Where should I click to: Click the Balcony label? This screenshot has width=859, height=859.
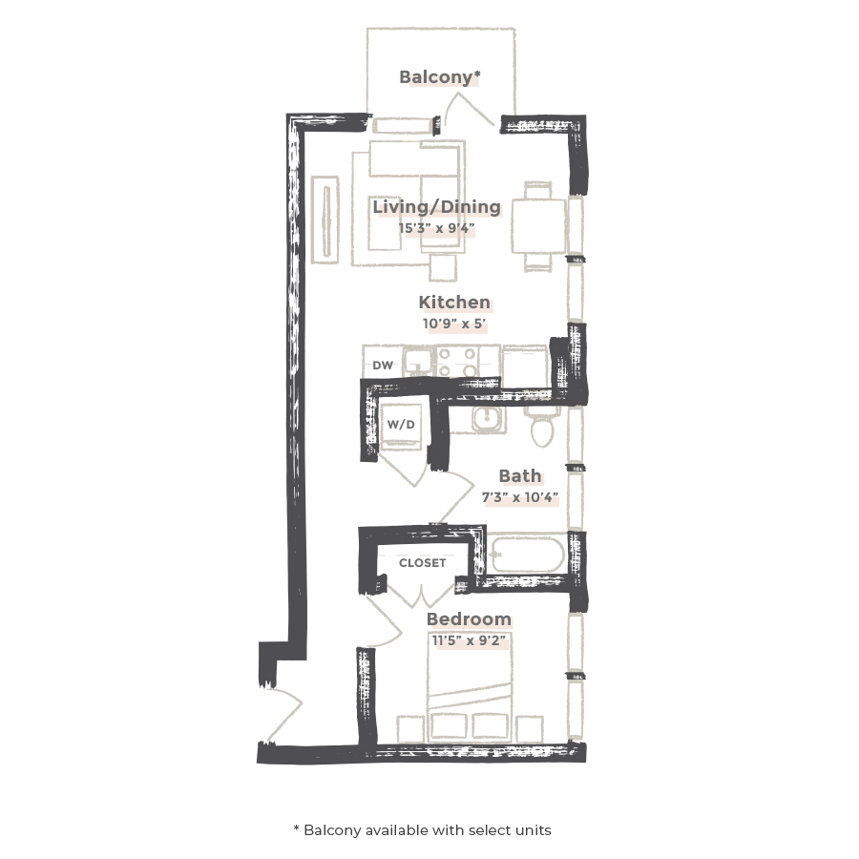tap(439, 77)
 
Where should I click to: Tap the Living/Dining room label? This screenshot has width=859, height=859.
tap(436, 207)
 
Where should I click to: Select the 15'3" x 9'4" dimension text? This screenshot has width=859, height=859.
tap(436, 228)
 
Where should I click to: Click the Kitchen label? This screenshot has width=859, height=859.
tap(454, 303)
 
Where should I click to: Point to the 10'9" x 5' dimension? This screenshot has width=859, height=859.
tap(454, 324)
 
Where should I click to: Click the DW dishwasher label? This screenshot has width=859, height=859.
tap(383, 366)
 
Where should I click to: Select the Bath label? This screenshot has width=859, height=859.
tap(519, 475)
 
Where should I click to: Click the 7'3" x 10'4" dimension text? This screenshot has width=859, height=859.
tap(519, 497)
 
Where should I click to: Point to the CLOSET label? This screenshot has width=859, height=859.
tap(422, 563)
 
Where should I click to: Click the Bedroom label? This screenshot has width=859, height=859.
tap(468, 619)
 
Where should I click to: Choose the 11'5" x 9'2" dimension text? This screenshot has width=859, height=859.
tap(468, 640)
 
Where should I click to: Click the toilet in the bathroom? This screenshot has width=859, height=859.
tap(543, 429)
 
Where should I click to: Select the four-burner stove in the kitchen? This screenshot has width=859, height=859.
tap(457, 361)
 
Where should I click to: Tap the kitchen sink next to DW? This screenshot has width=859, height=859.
tap(417, 361)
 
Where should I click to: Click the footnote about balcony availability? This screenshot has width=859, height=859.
tap(422, 829)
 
